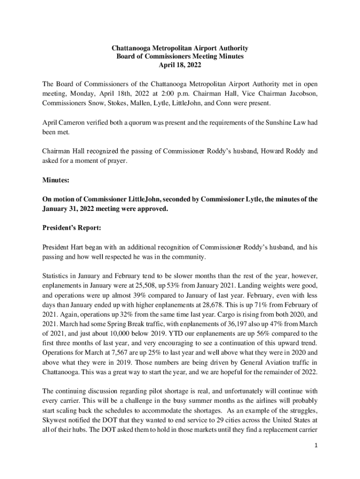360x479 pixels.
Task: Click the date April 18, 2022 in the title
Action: click(180, 65)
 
